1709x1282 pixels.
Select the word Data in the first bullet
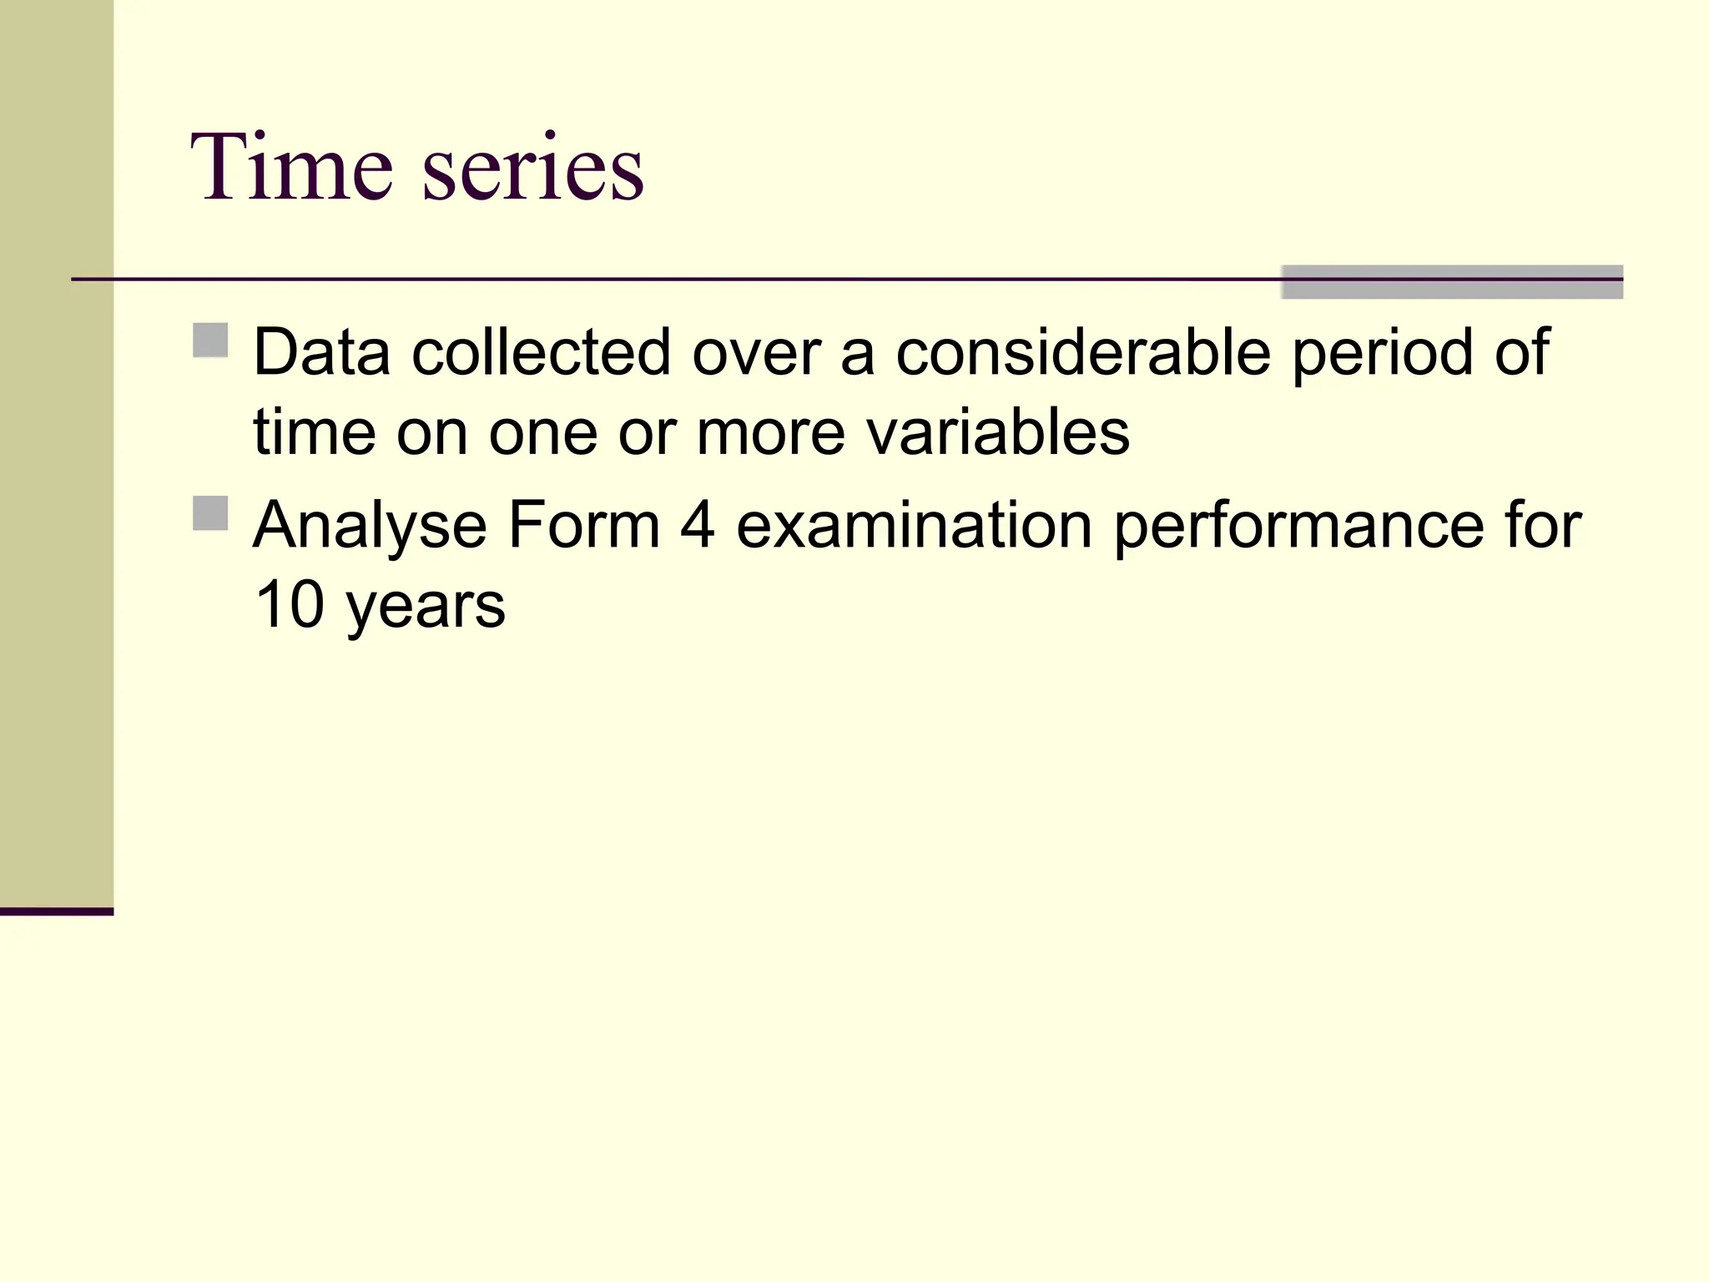coord(321,352)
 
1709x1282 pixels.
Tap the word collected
coord(542,352)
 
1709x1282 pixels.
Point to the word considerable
coord(1083,352)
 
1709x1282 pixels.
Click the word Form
coord(583,526)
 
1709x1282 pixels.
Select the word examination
coord(914,526)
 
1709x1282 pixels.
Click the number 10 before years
coord(289,604)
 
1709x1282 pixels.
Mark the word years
coord(426,608)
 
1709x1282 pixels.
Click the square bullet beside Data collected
coord(210,341)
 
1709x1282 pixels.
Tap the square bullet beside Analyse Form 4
coord(210,513)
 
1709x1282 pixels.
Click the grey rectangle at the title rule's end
coord(1451,282)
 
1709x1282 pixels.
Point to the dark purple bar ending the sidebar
coord(56,911)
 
